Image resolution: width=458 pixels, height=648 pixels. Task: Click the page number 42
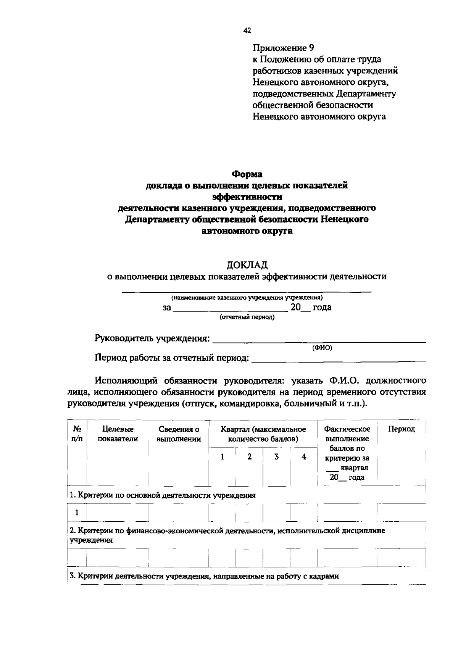click(247, 31)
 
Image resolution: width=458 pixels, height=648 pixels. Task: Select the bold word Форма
click(247, 174)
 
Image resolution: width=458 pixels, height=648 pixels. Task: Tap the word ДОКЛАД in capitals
click(247, 264)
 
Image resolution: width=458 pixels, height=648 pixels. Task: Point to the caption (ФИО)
click(322, 348)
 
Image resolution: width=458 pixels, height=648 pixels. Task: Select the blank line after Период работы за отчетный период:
click(339, 359)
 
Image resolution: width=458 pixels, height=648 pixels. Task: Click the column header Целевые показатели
click(118, 434)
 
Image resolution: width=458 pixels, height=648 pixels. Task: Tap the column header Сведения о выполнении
click(179, 434)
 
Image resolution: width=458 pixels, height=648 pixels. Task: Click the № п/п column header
click(77, 434)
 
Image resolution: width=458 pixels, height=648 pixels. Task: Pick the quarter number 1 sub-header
click(222, 457)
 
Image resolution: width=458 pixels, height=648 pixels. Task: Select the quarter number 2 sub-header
click(249, 457)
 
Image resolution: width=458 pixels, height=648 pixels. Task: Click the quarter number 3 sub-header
click(276, 457)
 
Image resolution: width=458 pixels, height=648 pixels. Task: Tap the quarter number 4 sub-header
click(304, 457)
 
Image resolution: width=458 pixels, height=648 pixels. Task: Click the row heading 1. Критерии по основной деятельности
click(163, 495)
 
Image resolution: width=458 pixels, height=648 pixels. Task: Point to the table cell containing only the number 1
click(77, 513)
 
